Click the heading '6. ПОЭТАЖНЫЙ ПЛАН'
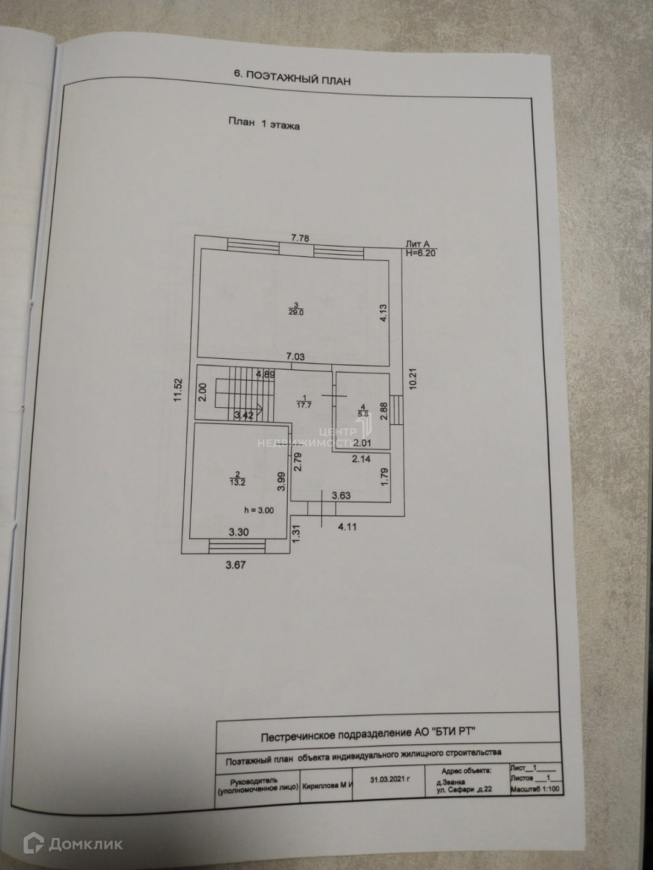pos(291,77)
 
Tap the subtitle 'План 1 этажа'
pos(263,124)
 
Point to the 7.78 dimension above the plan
pos(300,238)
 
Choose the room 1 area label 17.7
pos(304,405)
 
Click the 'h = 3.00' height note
pos(259,510)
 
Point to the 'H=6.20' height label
pos(421,253)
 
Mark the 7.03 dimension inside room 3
pos(296,357)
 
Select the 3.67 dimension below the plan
pos(236,565)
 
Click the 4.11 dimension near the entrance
pos(347,526)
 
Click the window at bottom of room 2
pos(237,546)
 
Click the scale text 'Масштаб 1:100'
pos(536,789)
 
